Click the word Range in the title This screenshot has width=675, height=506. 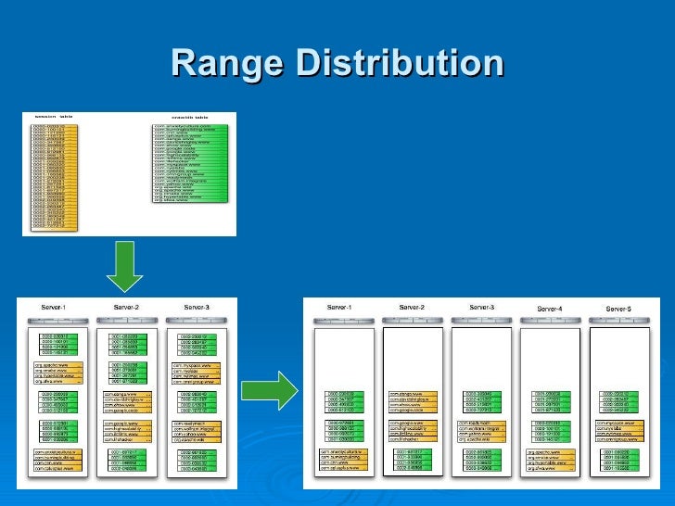(227, 65)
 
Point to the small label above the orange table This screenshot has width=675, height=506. (53, 118)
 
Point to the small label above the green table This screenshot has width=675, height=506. (188, 118)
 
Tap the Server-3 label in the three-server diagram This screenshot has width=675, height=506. (197, 307)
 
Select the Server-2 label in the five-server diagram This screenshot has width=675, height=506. (413, 307)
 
